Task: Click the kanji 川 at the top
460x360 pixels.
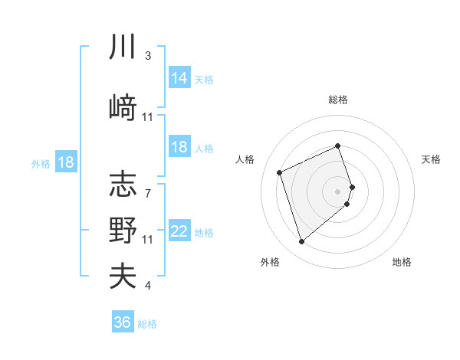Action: [x=123, y=47]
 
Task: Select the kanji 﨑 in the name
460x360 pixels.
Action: [x=123, y=106]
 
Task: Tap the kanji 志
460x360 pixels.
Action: [x=123, y=184]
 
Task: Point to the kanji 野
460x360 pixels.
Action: [x=123, y=230]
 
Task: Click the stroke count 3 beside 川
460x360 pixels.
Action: [x=148, y=56]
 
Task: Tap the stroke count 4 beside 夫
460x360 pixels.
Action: [x=148, y=286]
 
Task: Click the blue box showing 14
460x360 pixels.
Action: [x=179, y=78]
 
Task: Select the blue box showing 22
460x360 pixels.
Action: [x=179, y=231]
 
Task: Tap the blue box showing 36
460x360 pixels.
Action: [x=123, y=322]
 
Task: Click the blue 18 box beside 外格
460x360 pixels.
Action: [x=65, y=162]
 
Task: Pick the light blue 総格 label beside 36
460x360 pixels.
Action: [x=147, y=324]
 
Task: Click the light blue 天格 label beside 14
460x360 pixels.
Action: [x=204, y=80]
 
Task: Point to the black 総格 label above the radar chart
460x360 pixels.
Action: [x=338, y=100]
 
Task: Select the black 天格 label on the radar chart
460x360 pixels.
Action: [x=431, y=159]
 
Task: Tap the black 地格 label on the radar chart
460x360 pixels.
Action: [x=402, y=263]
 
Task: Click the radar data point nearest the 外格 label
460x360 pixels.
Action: [x=301, y=242]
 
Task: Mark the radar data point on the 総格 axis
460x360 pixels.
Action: [x=338, y=146]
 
